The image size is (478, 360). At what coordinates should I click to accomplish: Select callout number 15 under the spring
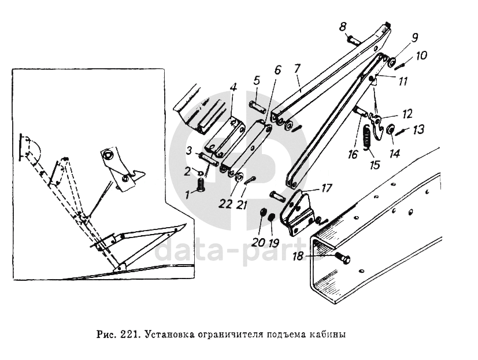[x=376, y=165]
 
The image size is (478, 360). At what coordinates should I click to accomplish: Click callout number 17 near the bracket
[x=327, y=188]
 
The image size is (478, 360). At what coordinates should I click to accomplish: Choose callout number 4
[x=233, y=88]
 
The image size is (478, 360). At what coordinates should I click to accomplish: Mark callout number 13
[x=418, y=130]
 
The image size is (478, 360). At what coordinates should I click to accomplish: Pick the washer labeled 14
[x=390, y=129]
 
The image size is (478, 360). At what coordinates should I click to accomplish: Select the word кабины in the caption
[x=329, y=335]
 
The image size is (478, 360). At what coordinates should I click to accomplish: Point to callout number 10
[x=421, y=56]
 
